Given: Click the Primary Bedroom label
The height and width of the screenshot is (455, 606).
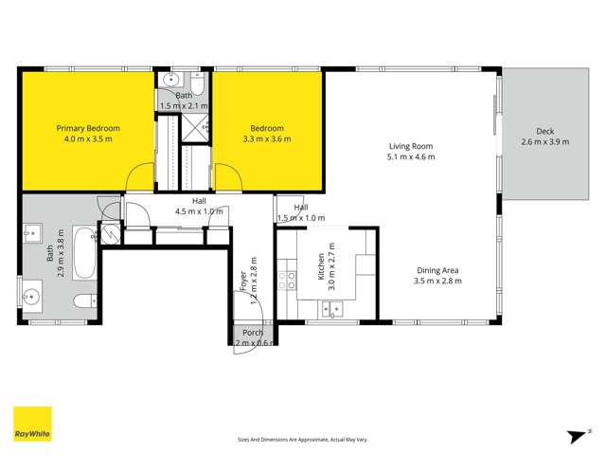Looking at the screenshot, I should point(88,127).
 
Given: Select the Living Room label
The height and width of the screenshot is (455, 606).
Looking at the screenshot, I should point(411,146).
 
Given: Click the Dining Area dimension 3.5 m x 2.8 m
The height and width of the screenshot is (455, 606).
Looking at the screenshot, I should point(437,281).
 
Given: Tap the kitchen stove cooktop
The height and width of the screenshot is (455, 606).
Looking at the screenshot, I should point(286,280).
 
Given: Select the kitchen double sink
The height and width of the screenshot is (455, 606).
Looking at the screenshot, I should point(331,307).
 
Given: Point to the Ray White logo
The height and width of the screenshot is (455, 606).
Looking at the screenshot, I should point(32,424).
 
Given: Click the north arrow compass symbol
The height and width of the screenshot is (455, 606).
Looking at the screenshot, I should point(574,435).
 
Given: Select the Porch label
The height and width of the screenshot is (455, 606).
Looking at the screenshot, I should point(253,333).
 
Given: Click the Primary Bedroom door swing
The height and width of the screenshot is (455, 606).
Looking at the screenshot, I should point(139,176).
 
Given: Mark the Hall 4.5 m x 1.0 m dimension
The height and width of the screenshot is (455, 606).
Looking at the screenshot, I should point(199,212).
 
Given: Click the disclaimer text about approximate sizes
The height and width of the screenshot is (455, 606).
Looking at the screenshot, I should point(302,440).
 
